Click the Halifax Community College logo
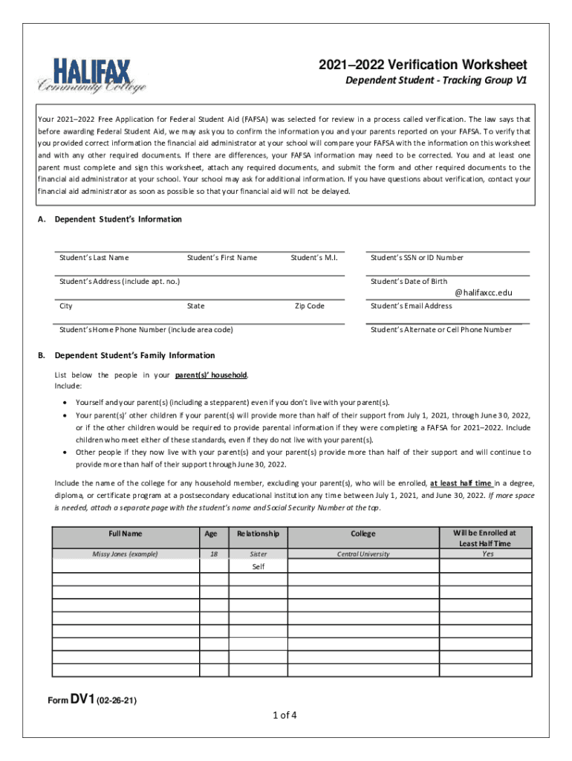(92, 76)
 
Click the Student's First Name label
(222, 258)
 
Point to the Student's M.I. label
(314, 258)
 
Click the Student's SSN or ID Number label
(417, 258)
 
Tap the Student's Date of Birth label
(409, 281)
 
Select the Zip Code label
(310, 305)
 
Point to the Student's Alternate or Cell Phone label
(441, 329)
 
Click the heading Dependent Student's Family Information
(134, 355)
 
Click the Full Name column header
(125, 534)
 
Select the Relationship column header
(258, 534)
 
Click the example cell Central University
(363, 554)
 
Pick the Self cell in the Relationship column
(258, 566)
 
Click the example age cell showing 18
(214, 554)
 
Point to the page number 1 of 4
(285, 716)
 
